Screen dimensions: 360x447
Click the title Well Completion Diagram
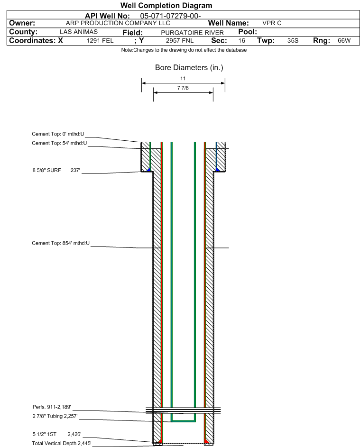point(166,5)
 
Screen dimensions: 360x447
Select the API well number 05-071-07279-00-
point(170,16)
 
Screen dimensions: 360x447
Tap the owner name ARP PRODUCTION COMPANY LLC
point(118,23)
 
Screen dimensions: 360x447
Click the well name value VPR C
point(272,23)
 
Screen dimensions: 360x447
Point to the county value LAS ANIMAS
point(79,32)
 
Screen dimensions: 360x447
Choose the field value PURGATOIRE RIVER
point(192,33)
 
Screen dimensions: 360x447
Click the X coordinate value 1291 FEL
point(100,40)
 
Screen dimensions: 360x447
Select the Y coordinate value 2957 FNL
point(180,40)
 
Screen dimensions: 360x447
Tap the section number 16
point(241,40)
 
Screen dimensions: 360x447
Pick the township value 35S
point(293,40)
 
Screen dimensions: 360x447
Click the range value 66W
point(344,40)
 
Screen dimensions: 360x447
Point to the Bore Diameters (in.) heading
point(189,68)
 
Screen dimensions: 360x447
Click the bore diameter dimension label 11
point(183,78)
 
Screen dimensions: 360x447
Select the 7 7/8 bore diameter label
point(183,88)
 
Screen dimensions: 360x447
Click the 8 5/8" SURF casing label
point(46,170)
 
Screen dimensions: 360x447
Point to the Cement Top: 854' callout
point(61,243)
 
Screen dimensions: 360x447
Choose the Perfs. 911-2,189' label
point(52,407)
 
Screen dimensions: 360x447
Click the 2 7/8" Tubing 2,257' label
point(55,416)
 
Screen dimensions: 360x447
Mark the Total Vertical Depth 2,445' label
point(62,443)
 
